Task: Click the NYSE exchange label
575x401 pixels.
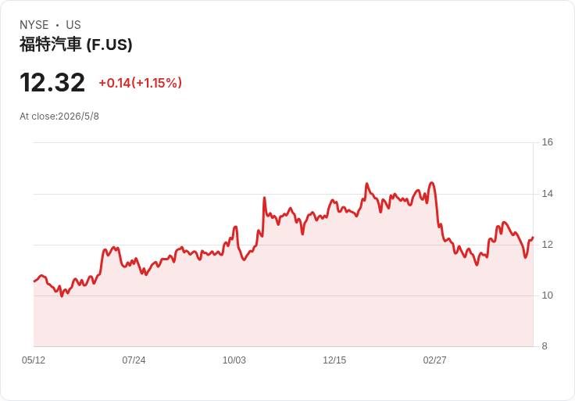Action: [x=34, y=25]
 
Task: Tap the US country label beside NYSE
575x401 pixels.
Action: [x=73, y=25]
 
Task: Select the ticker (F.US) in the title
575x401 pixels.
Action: [x=109, y=45]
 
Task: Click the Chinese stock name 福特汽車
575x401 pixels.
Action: [x=50, y=45]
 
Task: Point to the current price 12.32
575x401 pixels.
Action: [x=52, y=83]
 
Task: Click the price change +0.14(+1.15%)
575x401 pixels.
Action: [x=140, y=83]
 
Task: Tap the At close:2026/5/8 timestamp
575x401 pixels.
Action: [x=59, y=116]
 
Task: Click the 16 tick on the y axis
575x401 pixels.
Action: [x=547, y=142]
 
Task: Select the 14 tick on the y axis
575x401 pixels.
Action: [x=547, y=194]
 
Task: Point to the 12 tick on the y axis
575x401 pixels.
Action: [x=547, y=245]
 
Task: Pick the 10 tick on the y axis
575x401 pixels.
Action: [x=547, y=295]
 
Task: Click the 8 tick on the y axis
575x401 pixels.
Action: [x=545, y=346]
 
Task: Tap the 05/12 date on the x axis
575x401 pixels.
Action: [x=34, y=360]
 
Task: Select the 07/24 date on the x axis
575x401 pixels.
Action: [x=134, y=360]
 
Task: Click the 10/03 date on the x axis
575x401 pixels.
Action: [x=234, y=360]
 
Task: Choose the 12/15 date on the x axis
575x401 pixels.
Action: [x=334, y=360]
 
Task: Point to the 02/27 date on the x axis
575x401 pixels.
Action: [x=434, y=360]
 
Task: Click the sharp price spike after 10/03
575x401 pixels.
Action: [x=264, y=198]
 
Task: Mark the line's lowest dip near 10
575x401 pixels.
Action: [x=62, y=296]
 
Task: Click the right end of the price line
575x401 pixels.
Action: [x=533, y=238]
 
